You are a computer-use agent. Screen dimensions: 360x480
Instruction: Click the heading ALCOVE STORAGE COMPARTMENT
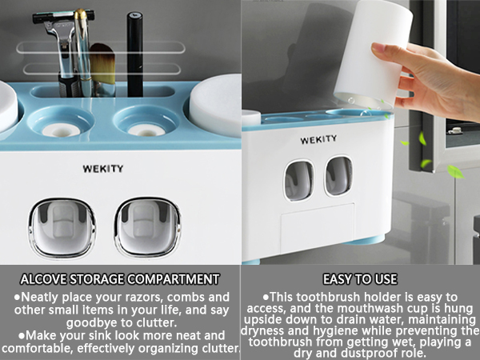pyautogui.click(x=120, y=279)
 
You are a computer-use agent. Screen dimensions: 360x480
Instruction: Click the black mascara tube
pyautogui.click(x=135, y=52)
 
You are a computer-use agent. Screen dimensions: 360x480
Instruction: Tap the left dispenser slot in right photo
pyautogui.click(x=299, y=179)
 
